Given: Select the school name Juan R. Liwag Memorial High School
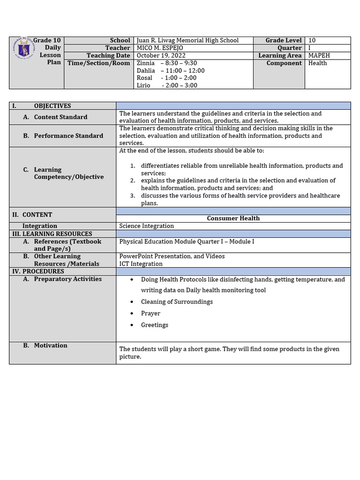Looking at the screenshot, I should pos(187,40).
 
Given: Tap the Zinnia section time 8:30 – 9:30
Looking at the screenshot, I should pos(179,63).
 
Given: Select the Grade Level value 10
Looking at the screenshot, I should pos(312,40).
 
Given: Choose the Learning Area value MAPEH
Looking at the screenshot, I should pos(319,55).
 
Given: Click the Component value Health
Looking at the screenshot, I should pos(317,63).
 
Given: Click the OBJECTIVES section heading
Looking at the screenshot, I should pos(52,106).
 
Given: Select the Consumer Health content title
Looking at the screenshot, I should pos(233,218).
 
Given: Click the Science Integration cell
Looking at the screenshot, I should pos(146,226).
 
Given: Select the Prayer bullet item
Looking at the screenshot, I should pos(150,313).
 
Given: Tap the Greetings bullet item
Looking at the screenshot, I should pos(154,325).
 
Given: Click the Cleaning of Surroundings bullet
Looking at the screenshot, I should pos(177,301).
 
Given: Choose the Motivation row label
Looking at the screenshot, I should pos(50,345).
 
